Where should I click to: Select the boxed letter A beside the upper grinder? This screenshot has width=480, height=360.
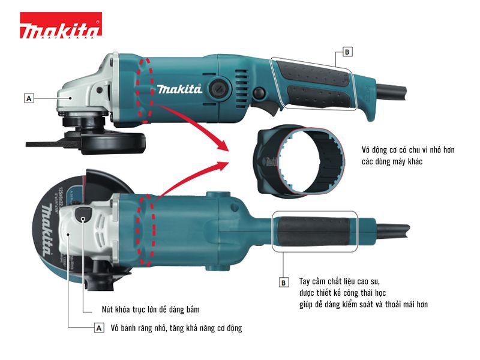coord(29,97)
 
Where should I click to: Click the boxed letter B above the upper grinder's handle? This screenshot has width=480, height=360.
coord(346,52)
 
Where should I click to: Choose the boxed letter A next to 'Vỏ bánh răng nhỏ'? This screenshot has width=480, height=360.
coord(99,328)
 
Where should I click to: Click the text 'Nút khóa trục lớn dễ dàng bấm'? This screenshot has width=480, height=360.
coord(150,310)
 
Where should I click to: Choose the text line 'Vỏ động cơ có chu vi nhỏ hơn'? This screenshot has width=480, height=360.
coord(408,150)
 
